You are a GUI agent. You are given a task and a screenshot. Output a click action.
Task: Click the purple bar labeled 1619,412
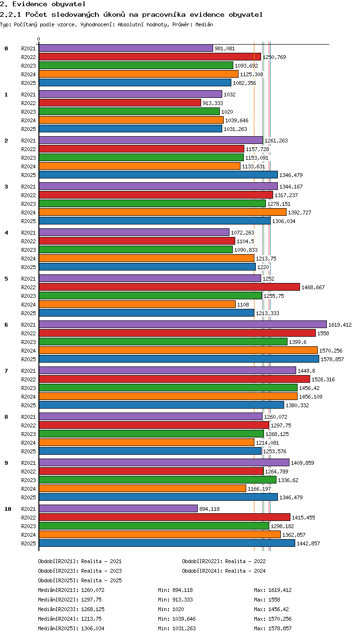(183, 324)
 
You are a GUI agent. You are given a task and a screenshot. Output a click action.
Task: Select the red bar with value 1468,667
(169, 287)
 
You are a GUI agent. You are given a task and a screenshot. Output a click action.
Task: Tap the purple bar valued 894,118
(118, 508)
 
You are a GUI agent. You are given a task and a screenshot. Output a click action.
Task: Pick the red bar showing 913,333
(120, 103)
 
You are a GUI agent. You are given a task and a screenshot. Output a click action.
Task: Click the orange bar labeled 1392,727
(163, 212)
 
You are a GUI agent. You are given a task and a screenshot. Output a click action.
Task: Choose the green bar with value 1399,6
(163, 342)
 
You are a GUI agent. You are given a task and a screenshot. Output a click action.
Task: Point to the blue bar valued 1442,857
(167, 543)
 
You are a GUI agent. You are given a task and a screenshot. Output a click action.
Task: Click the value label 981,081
(225, 48)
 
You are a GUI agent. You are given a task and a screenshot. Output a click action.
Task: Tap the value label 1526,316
(323, 379)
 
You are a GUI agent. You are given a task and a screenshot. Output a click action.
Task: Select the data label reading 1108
(243, 305)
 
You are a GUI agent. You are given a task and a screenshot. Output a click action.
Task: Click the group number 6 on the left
(6, 324)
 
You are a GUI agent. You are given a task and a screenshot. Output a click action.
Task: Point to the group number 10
(8, 509)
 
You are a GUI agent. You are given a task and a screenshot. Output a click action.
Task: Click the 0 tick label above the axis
(39, 39)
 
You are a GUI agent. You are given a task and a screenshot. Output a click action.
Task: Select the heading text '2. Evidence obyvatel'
(43, 4)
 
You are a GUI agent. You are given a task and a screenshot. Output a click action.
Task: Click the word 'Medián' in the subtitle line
(204, 24)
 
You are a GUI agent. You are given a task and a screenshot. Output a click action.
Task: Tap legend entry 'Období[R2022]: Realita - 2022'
(224, 561)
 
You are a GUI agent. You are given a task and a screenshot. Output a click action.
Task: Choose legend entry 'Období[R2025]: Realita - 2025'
(80, 580)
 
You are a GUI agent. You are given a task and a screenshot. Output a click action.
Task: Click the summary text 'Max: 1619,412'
(273, 590)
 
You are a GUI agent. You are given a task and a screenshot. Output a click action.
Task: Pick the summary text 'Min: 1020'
(171, 609)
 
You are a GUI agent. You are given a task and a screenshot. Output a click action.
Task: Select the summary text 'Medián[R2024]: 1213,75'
(70, 618)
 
